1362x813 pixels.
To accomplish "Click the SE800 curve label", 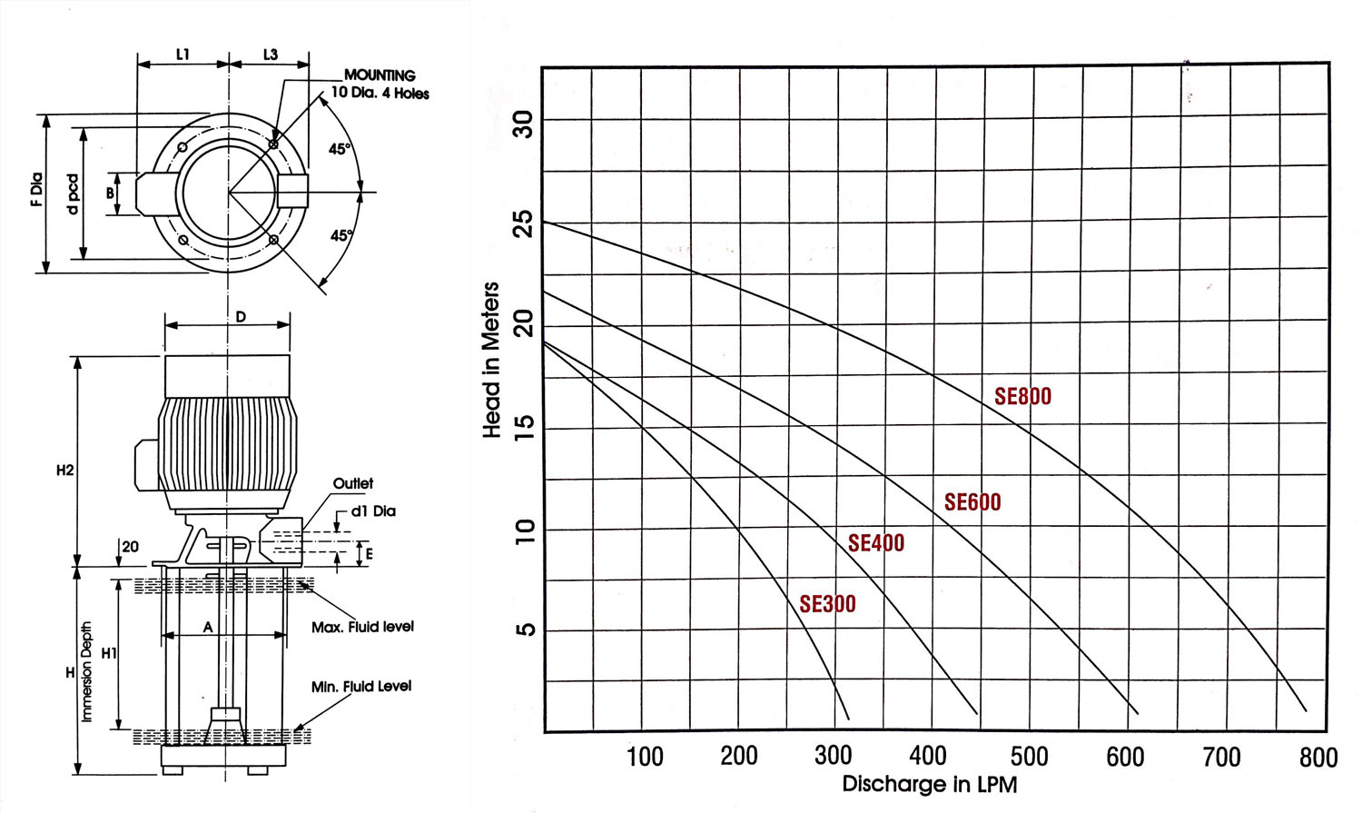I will pos(1022,396).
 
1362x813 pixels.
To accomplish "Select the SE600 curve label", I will pos(972,502).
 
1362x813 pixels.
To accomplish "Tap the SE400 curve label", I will pos(875,543).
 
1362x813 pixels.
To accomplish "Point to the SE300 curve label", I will pos(827,604).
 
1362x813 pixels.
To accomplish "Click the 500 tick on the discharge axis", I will pos(1029,757).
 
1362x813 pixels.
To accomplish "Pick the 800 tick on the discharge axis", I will pos(1318,758).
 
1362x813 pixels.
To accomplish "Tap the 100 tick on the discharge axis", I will pos(645,757).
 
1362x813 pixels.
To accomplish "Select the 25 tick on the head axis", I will pos(524,223).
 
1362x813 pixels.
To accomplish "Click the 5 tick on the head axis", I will pos(524,630).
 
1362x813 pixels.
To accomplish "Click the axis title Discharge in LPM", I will pos(929,784).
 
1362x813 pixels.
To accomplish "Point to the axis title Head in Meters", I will pos(491,360).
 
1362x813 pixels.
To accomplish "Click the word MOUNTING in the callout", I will pos(380,75).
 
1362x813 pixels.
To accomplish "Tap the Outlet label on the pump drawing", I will pos(352,484).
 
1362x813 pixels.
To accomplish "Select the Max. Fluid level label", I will pos(362,627).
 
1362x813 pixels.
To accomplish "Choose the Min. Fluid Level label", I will pos(360,687).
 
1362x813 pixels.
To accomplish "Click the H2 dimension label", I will pos(64,471).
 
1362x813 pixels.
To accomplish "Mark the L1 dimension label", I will pos(183,55).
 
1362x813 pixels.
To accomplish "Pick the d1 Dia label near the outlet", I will pos(373,511).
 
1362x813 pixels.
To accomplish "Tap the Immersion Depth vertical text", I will pos(87,672).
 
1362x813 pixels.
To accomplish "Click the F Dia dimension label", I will pos(37,190).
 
